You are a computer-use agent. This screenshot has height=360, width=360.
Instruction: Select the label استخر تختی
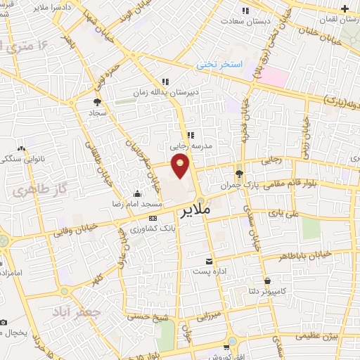[219, 65]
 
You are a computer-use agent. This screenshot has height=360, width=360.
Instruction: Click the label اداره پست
[208, 271]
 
